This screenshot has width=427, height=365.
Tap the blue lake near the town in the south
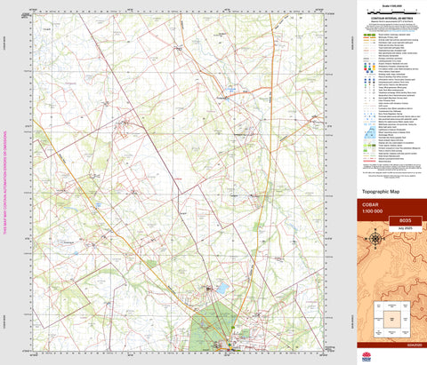pos(221,289)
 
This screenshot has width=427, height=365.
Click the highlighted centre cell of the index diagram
pos(391,315)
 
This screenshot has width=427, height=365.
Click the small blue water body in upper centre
pos(230,89)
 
